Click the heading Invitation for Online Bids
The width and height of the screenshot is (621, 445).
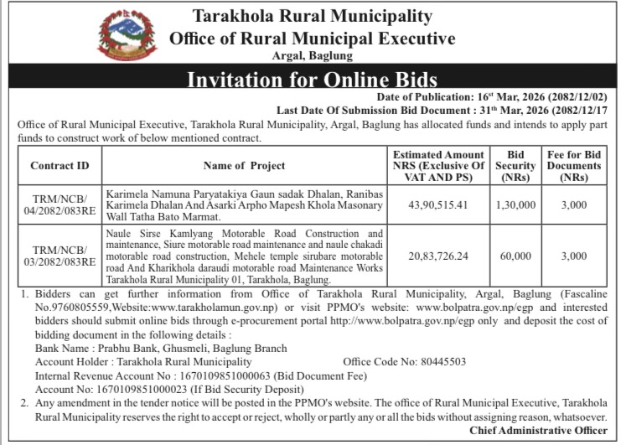(312, 80)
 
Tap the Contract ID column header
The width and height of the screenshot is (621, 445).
(60, 166)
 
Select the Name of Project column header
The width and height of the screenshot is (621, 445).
(244, 166)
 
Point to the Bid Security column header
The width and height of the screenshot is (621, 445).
(515, 166)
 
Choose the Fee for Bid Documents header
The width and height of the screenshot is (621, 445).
(574, 166)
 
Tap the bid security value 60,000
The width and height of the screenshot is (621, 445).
(515, 256)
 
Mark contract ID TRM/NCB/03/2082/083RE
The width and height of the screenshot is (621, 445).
(60, 256)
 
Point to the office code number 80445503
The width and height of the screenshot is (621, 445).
(440, 362)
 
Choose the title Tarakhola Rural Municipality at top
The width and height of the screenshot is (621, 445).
(312, 16)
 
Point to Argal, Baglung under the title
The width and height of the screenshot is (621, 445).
(312, 56)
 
